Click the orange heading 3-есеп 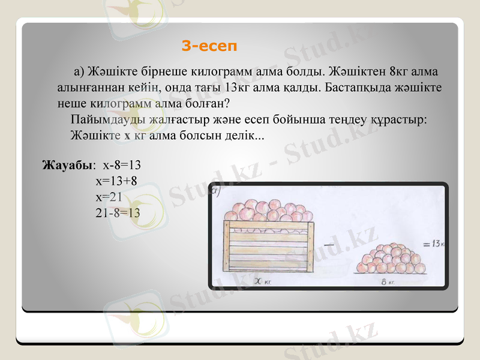(209, 46)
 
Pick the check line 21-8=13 (118, 212)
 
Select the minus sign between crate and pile (328, 245)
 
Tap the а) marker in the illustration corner (216, 191)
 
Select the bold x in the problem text (127, 135)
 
